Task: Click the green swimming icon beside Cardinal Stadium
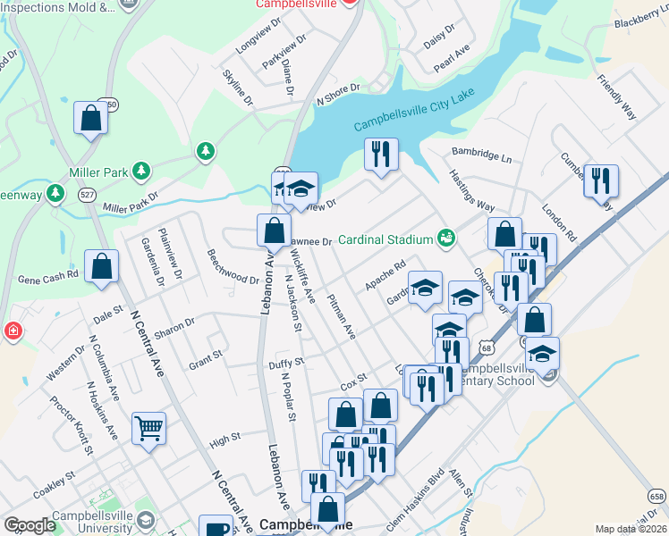pos(445,238)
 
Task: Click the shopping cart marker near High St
pos(148,427)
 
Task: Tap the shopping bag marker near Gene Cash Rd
pos(102,266)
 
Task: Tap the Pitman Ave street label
pos(343,316)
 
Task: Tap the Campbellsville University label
pos(106,523)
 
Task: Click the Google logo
pos(31,525)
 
